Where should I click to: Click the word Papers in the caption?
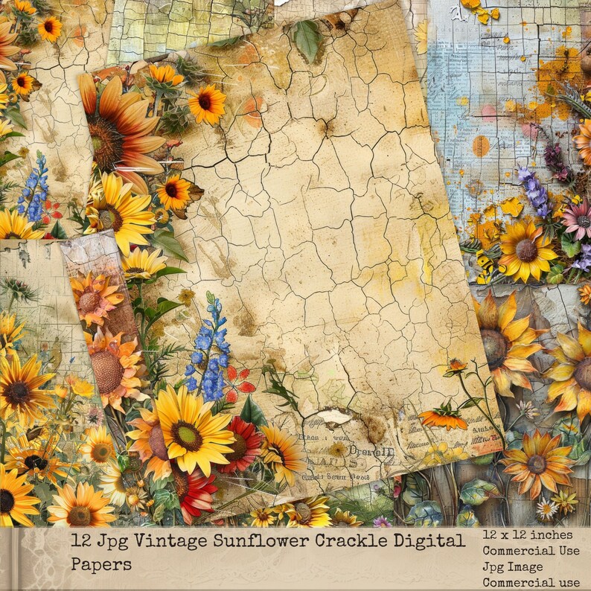coord(101,563)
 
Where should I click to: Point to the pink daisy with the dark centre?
coord(575,216)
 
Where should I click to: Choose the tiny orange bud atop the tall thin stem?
coord(455,365)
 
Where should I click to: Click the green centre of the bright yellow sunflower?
coord(186,435)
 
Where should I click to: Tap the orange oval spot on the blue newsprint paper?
coord(481,145)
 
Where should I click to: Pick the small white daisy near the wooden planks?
coord(546,509)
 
